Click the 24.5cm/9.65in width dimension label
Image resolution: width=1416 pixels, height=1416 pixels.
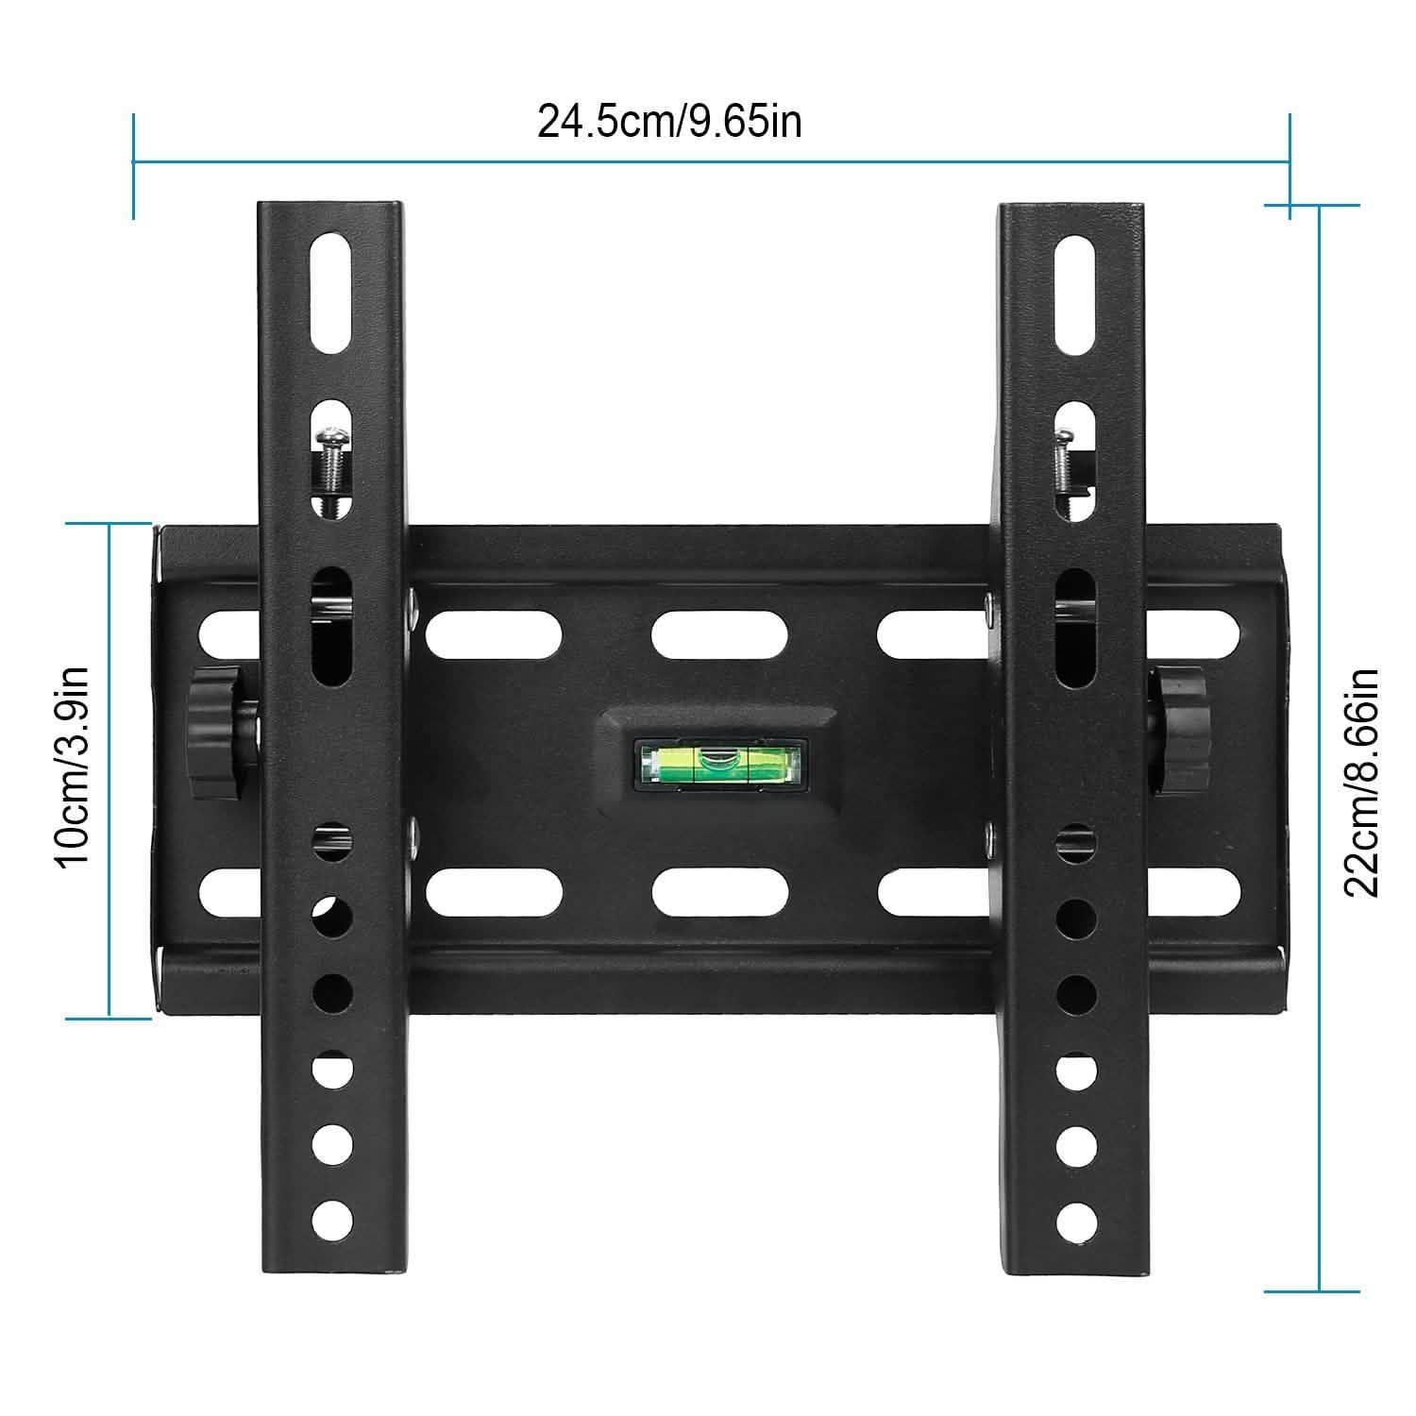point(669,123)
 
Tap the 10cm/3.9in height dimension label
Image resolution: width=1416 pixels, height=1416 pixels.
point(71,767)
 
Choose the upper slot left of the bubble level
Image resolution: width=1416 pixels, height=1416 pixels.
point(494,636)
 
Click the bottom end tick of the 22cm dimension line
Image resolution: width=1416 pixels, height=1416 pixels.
point(1318,1290)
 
